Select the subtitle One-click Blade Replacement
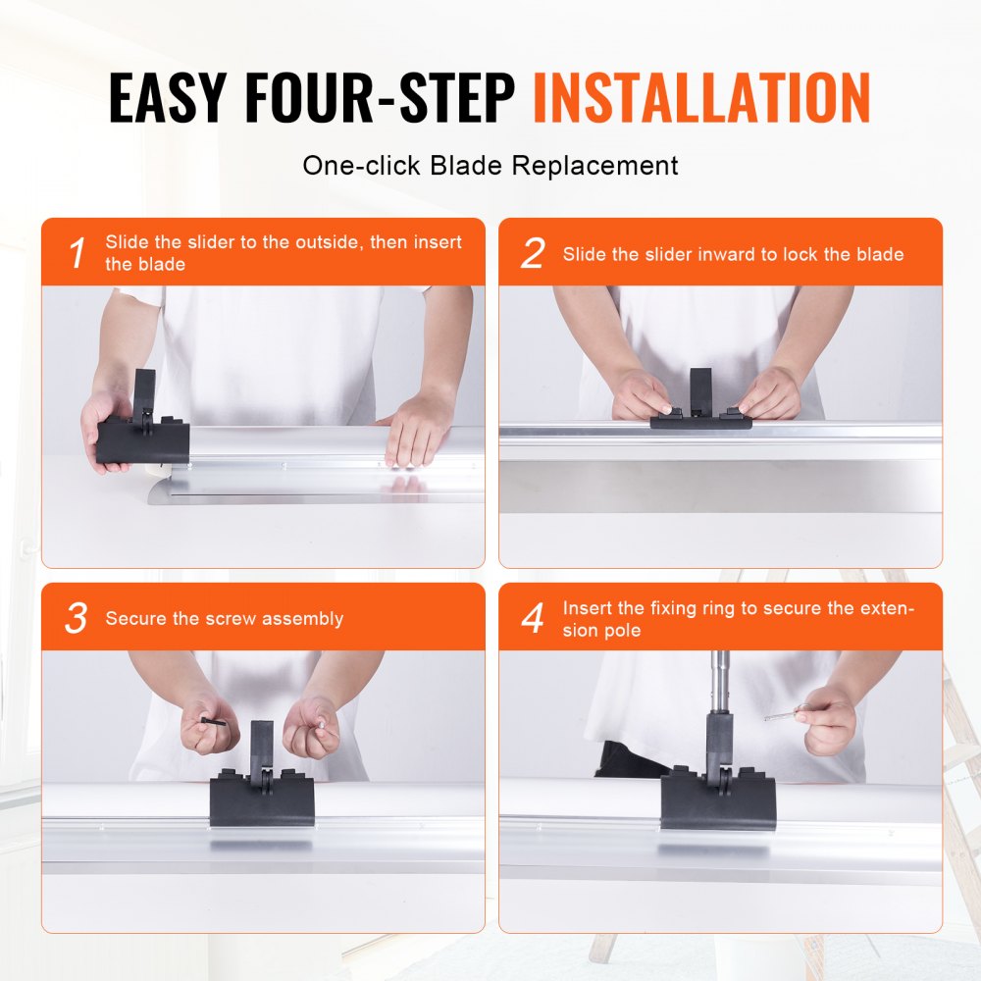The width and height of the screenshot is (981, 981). (x=490, y=165)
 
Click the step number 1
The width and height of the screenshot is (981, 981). (x=77, y=254)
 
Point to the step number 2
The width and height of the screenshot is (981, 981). (x=532, y=254)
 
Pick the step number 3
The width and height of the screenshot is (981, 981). (x=77, y=619)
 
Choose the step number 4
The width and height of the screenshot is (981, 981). (x=533, y=619)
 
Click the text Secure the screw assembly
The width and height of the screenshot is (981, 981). (x=225, y=619)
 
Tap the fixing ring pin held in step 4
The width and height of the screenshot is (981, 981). (x=786, y=714)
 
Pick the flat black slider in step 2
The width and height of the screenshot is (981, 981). (x=700, y=421)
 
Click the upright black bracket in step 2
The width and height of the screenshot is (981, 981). (x=700, y=389)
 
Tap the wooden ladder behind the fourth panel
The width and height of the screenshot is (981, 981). (x=956, y=765)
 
